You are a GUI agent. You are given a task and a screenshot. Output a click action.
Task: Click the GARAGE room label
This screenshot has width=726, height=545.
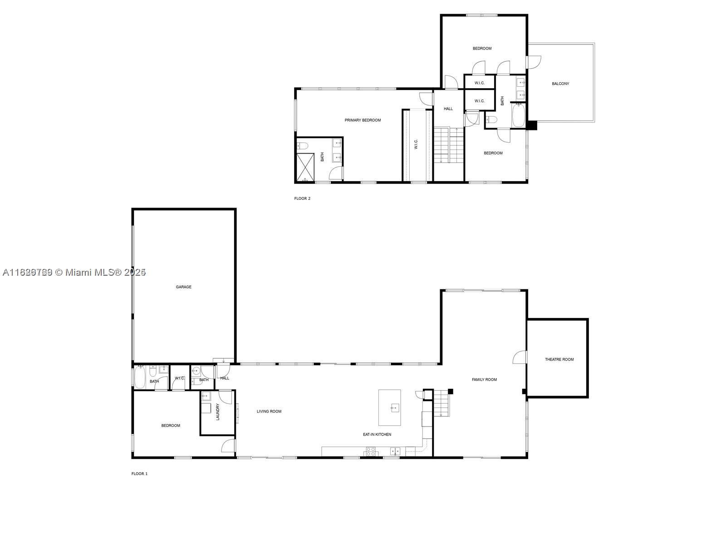click(183, 287)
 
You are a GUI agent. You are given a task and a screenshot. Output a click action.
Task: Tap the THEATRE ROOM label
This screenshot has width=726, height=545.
click(559, 360)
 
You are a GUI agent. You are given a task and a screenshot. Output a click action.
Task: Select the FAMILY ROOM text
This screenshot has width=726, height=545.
click(484, 380)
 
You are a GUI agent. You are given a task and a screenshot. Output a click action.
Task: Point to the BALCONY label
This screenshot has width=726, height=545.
click(560, 84)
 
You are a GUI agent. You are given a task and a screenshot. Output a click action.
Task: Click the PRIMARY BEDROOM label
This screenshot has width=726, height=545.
click(363, 120)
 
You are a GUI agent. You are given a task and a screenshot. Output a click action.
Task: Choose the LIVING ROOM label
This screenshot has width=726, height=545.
click(269, 411)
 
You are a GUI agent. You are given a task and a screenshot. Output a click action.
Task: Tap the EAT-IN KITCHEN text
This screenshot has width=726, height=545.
click(377, 435)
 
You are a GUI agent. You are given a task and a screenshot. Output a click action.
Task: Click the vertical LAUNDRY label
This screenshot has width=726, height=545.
click(218, 411)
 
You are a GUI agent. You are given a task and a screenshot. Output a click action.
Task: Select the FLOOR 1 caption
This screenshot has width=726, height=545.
click(139, 474)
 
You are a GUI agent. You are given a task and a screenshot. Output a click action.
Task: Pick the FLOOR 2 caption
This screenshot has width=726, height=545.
click(302, 198)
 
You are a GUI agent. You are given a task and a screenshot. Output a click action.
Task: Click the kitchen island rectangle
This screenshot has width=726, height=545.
click(390, 407)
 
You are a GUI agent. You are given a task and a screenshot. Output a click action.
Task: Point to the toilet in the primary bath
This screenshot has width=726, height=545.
click(303, 146)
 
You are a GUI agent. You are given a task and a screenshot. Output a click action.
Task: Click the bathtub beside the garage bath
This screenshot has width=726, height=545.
click(139, 378)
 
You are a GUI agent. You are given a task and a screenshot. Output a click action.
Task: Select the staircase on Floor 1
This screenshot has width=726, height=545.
click(441, 403)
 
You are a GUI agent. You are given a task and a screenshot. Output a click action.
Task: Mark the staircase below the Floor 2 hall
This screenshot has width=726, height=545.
click(448, 145)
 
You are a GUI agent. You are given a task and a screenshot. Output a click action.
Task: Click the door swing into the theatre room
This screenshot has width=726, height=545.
click(520, 357)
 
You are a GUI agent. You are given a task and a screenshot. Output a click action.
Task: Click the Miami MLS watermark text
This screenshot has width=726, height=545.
click(74, 272)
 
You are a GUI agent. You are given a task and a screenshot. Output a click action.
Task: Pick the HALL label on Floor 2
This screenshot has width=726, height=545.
click(448, 109)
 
